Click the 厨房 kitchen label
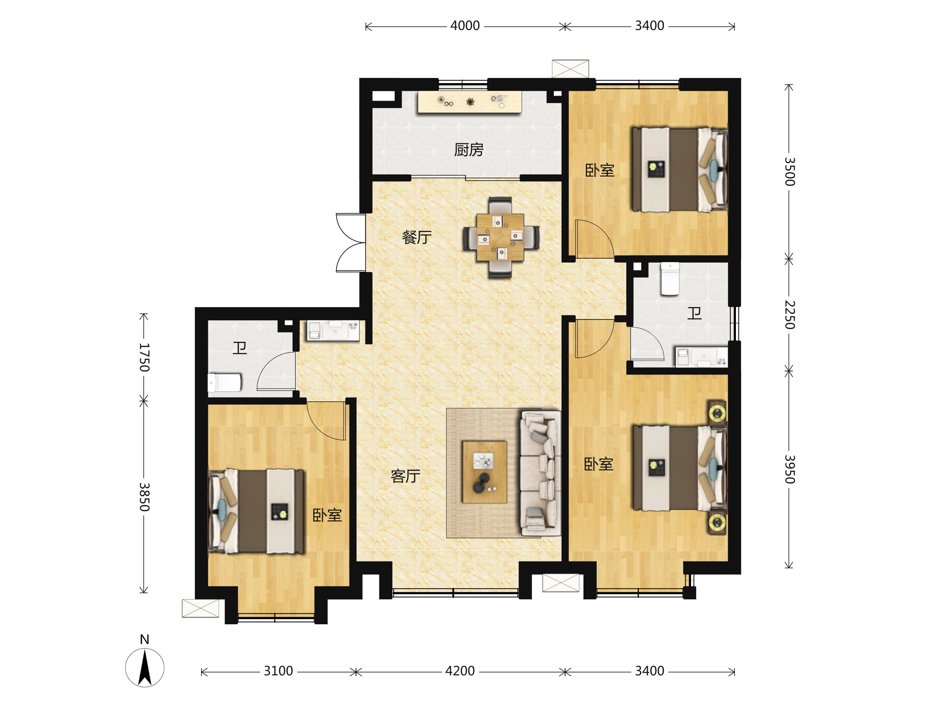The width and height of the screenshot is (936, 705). click(x=468, y=150)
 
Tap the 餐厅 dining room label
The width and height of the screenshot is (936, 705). click(x=417, y=237)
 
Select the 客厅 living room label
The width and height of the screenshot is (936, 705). click(x=405, y=476)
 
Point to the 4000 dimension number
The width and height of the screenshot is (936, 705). click(x=464, y=26)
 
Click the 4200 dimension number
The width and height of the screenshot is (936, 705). click(x=459, y=671)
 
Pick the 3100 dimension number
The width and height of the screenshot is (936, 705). click(x=278, y=671)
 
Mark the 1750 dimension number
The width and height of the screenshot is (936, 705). click(x=144, y=357)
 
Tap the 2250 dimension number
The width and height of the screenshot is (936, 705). click(x=790, y=314)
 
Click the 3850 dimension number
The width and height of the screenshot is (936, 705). click(x=144, y=497)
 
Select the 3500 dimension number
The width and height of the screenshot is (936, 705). click(x=790, y=172)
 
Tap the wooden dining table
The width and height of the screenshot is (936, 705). click(x=500, y=237)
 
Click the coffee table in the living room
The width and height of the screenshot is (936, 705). click(x=484, y=472)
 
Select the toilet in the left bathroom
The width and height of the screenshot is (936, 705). click(x=224, y=383)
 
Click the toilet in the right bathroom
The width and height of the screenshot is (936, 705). click(x=670, y=279)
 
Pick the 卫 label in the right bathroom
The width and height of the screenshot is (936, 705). click(x=694, y=313)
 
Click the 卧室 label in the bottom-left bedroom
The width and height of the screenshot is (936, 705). click(x=327, y=515)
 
